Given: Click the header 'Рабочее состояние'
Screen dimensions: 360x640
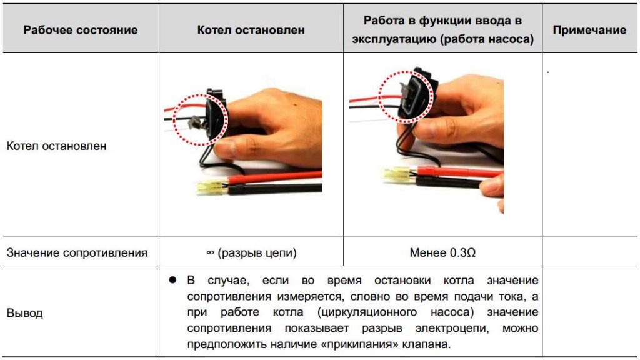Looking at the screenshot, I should (80, 30).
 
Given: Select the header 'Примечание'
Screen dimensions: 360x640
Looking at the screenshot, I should (589, 30).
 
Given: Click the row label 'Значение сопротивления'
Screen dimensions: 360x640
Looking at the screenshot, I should (77, 253).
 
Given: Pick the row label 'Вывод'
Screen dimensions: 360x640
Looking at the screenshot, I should (24, 313).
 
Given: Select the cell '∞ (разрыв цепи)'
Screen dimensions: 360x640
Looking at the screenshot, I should (251, 253).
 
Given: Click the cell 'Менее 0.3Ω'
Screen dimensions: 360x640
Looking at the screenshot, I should (442, 253).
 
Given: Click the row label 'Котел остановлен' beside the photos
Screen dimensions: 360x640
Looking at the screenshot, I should (56, 146).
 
